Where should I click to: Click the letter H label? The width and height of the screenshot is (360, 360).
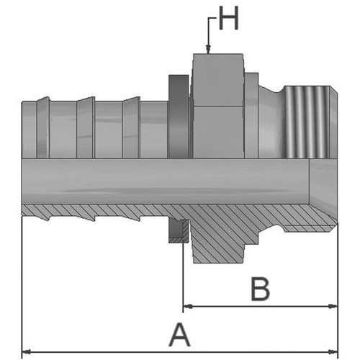[229, 18]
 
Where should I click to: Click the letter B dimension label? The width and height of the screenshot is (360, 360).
[260, 289]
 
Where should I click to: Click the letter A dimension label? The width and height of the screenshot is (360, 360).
[179, 335]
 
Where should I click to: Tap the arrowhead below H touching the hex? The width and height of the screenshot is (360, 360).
[208, 49]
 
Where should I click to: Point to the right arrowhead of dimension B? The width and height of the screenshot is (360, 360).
[333, 306]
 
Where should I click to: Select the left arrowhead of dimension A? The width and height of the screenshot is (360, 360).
[27, 352]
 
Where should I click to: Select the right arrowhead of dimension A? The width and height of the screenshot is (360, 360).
[333, 352]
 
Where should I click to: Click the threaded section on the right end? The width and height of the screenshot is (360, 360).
[308, 122]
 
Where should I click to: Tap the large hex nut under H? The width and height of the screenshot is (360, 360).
[218, 106]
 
